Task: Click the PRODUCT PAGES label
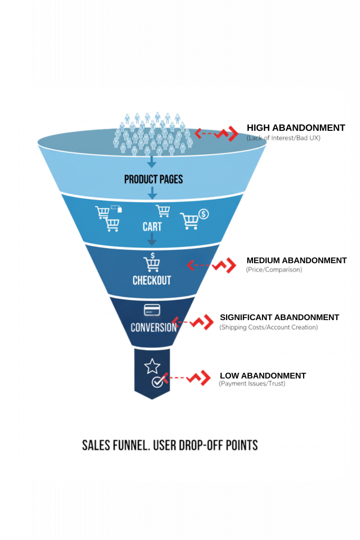pos(153,179)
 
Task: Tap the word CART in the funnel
pos(152,227)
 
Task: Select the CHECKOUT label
pos(152,280)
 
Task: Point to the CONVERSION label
pos(153,327)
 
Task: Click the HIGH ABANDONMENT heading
pos(296,128)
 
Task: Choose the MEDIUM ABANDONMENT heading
pos(296,261)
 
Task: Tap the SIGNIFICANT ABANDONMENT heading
pos(279,317)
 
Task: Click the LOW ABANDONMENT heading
pos(262,376)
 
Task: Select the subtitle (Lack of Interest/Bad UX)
pos(283,138)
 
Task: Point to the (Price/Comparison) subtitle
pos(274,270)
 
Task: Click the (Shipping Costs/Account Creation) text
pos(268,327)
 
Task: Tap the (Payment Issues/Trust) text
pos(252,384)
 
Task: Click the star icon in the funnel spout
pos(152,365)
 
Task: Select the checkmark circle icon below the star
pos(157,382)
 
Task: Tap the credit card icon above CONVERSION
pos(152,310)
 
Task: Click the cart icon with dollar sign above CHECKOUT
pos(152,262)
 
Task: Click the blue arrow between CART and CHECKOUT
pos(152,239)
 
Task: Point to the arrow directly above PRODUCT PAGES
pos(152,161)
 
